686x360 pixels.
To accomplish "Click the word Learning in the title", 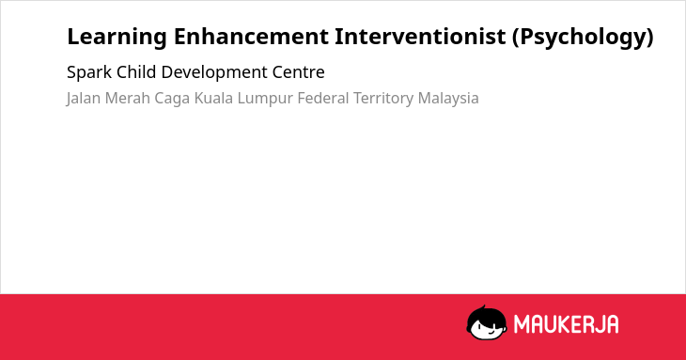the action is (x=117, y=38).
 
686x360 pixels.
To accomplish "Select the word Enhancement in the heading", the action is (x=251, y=37).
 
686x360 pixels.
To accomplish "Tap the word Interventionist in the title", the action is (x=420, y=37).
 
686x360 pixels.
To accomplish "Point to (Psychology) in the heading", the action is (x=583, y=38).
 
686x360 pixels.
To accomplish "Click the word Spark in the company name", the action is (x=89, y=72).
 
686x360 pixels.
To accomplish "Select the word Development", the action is (x=214, y=72).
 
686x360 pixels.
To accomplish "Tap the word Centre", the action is (x=299, y=72).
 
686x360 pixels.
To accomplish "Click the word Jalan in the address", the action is (x=84, y=99).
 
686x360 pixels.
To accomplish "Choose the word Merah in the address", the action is (x=128, y=98).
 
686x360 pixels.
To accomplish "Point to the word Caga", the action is (x=172, y=99).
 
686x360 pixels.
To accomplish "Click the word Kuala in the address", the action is (x=213, y=98).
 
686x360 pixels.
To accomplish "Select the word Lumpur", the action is (x=265, y=99).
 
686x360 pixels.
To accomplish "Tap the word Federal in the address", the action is (x=323, y=98).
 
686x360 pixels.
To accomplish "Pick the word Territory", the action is (x=383, y=99).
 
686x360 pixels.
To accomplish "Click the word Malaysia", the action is (x=448, y=99).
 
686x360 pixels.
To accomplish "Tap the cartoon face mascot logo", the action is (x=487, y=322).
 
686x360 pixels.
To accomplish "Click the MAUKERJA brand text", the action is (x=566, y=324).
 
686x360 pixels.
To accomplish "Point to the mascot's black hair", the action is (x=486, y=315).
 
